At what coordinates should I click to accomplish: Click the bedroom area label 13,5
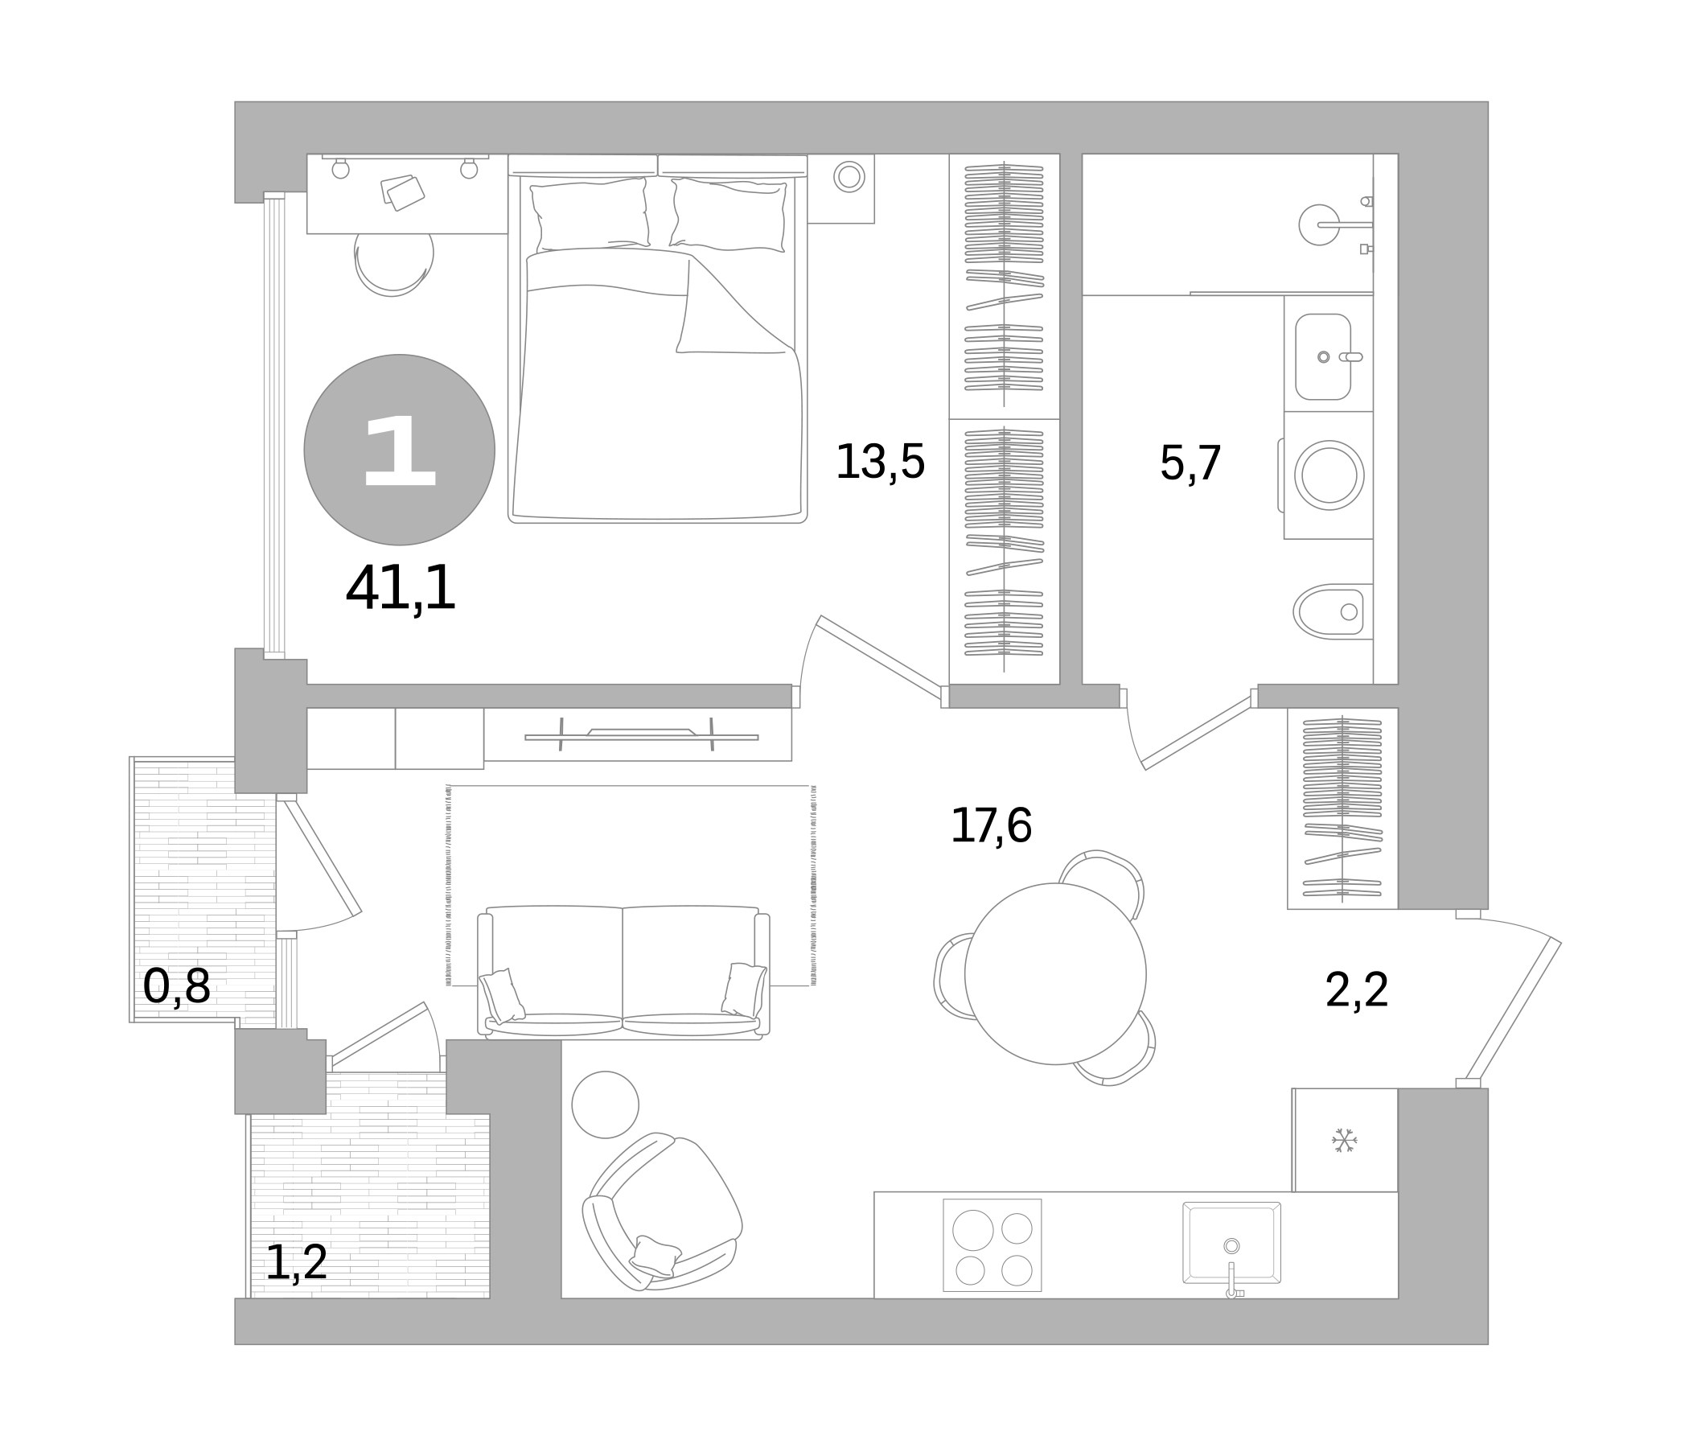pyautogui.click(x=881, y=463)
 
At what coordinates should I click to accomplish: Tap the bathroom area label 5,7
pyautogui.click(x=1190, y=463)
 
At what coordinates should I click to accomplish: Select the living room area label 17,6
pyautogui.click(x=991, y=825)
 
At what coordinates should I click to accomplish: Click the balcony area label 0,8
pyautogui.click(x=177, y=986)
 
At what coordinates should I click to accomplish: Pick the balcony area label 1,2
pyautogui.click(x=297, y=1263)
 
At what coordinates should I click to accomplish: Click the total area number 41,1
pyautogui.click(x=401, y=588)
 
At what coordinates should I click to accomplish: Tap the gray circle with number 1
pyautogui.click(x=400, y=449)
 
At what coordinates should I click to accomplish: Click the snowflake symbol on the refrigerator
pyautogui.click(x=1344, y=1140)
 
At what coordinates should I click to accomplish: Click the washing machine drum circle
pyautogui.click(x=1329, y=475)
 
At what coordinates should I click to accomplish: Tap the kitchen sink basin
pyautogui.click(x=1231, y=1242)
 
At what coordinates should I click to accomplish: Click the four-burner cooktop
pyautogui.click(x=992, y=1245)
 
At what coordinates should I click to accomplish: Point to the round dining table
pyautogui.click(x=1055, y=973)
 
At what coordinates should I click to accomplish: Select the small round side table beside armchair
pyautogui.click(x=605, y=1105)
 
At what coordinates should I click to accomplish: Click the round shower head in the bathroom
pyautogui.click(x=1319, y=224)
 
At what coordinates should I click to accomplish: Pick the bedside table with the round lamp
pyautogui.click(x=841, y=188)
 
